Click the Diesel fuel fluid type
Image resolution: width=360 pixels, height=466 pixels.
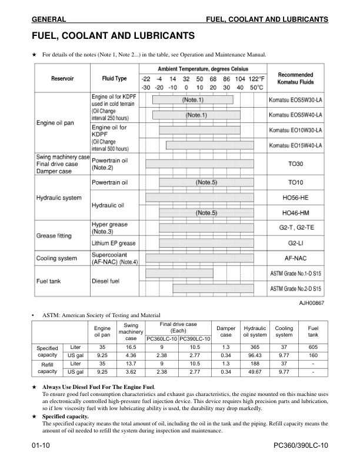pyautogui.click(x=106, y=281)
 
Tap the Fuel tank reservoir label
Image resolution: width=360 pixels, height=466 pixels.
pyautogui.click(x=49, y=281)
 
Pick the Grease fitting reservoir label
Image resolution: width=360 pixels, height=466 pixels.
pyautogui.click(x=54, y=236)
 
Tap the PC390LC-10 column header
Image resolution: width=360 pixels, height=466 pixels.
pyautogui.click(x=195, y=338)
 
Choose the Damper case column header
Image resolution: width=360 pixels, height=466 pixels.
pyautogui.click(x=226, y=331)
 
